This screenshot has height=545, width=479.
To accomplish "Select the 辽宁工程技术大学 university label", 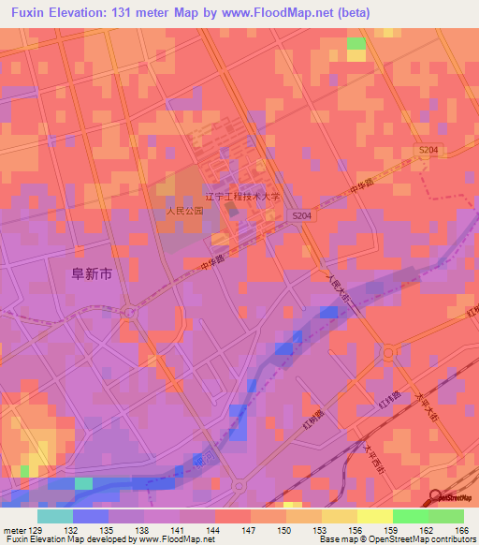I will (x=242, y=198).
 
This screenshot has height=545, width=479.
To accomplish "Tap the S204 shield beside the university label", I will (x=299, y=215).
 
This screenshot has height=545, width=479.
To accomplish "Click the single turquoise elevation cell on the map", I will (x=84, y=483).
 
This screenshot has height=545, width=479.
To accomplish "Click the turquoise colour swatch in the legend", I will (x=55, y=516).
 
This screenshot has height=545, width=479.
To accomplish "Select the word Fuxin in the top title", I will (x=30, y=13).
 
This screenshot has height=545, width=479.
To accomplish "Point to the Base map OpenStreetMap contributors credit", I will (x=394, y=539).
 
